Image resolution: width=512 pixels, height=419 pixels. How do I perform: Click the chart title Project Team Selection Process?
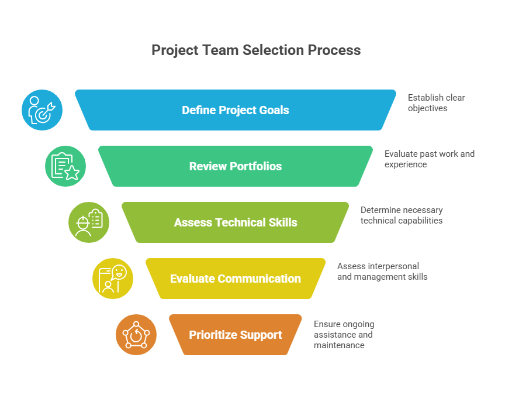coord(256,50)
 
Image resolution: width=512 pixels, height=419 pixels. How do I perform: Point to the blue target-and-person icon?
coord(42,110)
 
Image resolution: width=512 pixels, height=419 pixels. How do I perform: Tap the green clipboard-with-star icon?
coord(65,166)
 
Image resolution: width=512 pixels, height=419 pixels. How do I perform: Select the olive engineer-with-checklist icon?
coord(89,222)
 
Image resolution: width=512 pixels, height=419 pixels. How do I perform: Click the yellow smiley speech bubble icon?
coord(113,279)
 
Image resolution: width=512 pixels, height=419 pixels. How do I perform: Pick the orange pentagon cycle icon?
coord(136,335)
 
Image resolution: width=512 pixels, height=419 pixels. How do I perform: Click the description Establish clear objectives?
coord(436,103)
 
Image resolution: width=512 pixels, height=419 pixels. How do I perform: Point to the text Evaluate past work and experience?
coord(429,159)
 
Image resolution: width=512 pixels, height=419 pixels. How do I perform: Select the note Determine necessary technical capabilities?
coord(402,215)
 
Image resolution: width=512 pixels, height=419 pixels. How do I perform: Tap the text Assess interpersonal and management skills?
coord(382,272)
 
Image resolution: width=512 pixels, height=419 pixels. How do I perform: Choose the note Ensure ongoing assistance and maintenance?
coord(344,335)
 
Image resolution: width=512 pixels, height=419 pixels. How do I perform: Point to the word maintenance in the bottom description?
coord(339,345)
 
